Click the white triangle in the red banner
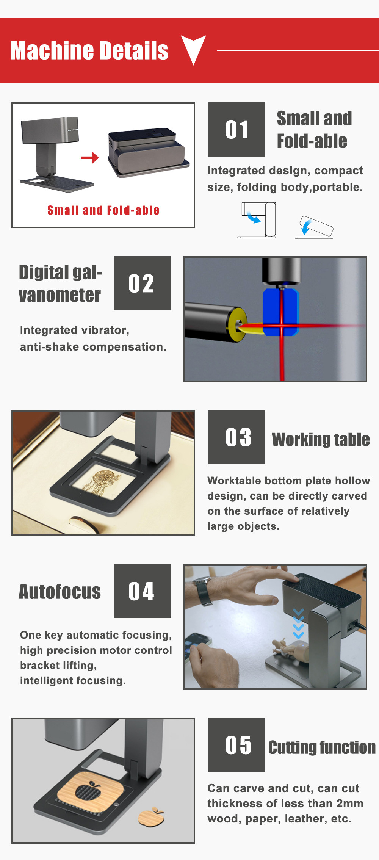point(193,48)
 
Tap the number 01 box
point(237,129)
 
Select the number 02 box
point(142,283)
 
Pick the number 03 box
point(237,437)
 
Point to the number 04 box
point(142,591)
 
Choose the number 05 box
point(237,745)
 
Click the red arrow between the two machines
point(90,157)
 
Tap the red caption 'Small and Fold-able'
point(103,210)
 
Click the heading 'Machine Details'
point(89,51)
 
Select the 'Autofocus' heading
point(60,592)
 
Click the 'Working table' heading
point(321,440)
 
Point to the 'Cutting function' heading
point(322,747)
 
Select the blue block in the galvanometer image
point(281,312)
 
